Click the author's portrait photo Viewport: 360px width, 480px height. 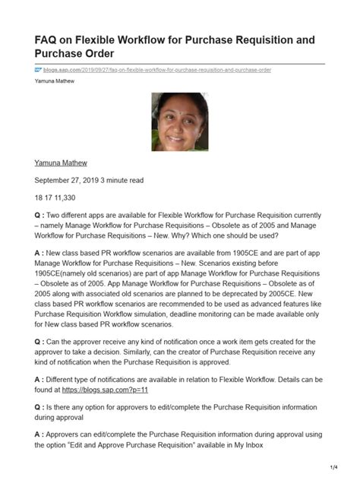(x=180, y=122)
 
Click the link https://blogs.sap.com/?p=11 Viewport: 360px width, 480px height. (x=115, y=389)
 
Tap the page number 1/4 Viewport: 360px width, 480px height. (x=333, y=466)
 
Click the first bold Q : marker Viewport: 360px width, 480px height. (x=41, y=214)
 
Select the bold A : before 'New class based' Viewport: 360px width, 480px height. (x=41, y=251)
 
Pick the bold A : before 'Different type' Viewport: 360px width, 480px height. (x=41, y=378)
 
